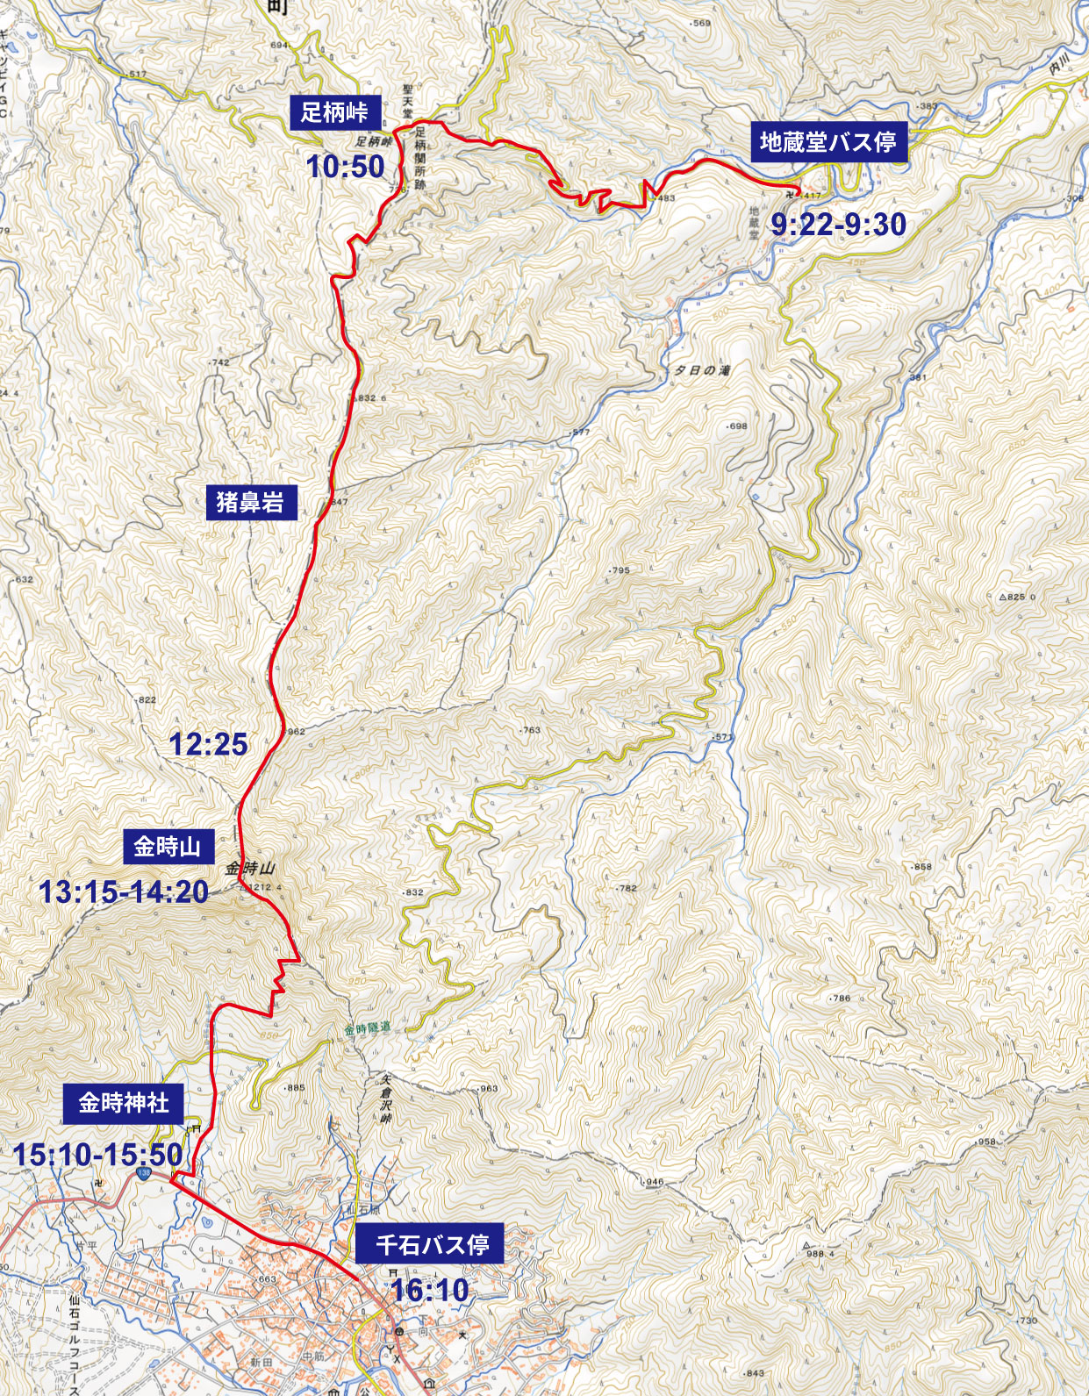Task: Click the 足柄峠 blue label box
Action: click(334, 112)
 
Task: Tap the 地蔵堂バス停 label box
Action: click(828, 141)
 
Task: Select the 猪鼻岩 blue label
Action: click(250, 502)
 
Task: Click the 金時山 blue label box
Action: click(167, 847)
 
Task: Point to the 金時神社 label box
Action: click(123, 1103)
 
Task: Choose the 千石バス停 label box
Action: click(432, 1244)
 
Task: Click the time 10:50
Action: click(346, 166)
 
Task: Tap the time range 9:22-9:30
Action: click(838, 225)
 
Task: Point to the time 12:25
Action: click(208, 744)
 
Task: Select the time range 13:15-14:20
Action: click(124, 892)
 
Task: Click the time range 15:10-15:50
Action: click(97, 1155)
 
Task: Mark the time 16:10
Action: click(430, 1290)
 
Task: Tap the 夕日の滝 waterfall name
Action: click(702, 370)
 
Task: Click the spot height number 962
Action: click(296, 731)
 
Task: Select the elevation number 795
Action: click(620, 570)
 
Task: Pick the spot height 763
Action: click(532, 730)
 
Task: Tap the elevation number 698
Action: click(738, 426)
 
